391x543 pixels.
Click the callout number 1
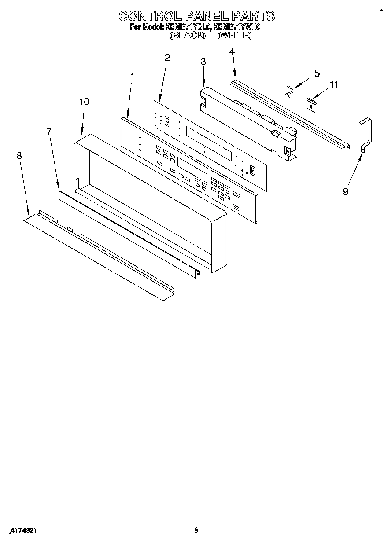[x=132, y=76]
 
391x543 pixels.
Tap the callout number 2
[x=167, y=57]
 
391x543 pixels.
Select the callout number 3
[x=203, y=62]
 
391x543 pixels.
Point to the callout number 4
[x=232, y=51]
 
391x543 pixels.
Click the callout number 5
[x=317, y=73]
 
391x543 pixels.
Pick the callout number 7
[x=49, y=131]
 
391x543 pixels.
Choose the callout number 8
[x=19, y=155]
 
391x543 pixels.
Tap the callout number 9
[x=345, y=191]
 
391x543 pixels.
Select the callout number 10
[x=84, y=102]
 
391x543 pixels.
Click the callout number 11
[x=334, y=84]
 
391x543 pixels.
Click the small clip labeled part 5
[x=288, y=92]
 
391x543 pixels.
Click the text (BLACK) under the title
[x=188, y=36]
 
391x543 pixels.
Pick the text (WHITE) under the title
[x=235, y=36]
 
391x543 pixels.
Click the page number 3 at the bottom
[x=196, y=531]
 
